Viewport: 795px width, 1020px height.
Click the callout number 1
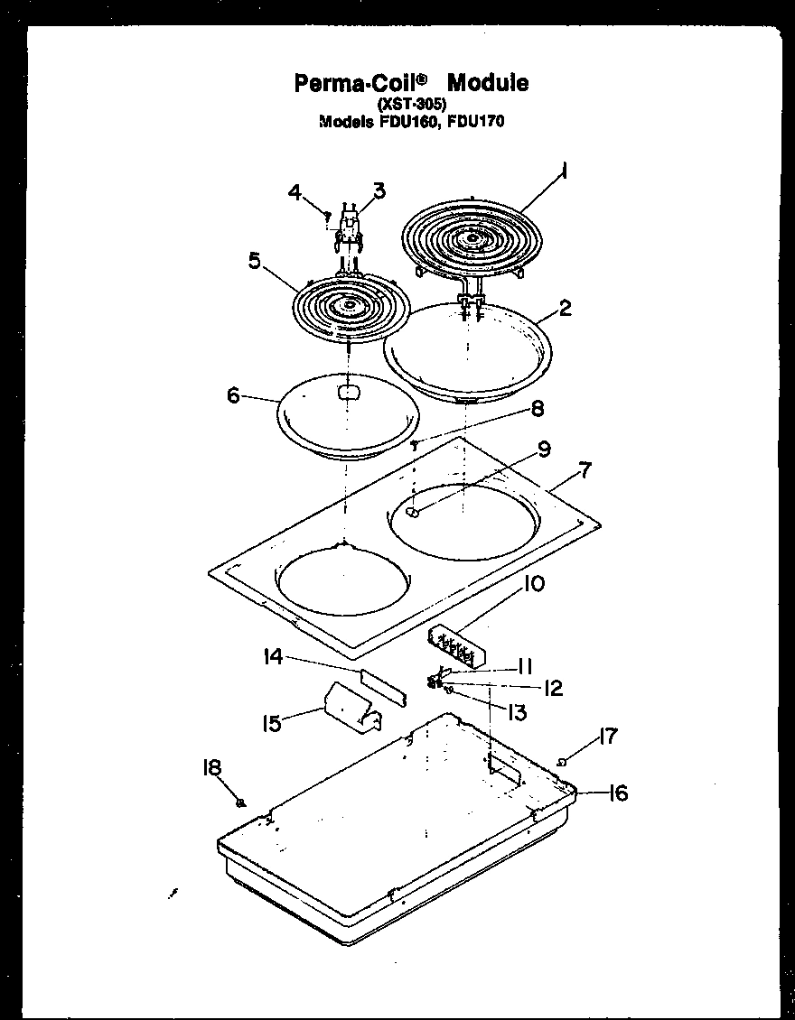[564, 170]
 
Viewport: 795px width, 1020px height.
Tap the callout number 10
[533, 584]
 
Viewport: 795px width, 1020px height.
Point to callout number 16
[617, 793]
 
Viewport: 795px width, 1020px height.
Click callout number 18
[211, 767]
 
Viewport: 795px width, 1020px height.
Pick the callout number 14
[273, 657]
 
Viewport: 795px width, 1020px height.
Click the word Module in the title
[488, 83]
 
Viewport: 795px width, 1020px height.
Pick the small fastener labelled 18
[241, 802]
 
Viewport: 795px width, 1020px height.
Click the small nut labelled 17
[562, 764]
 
